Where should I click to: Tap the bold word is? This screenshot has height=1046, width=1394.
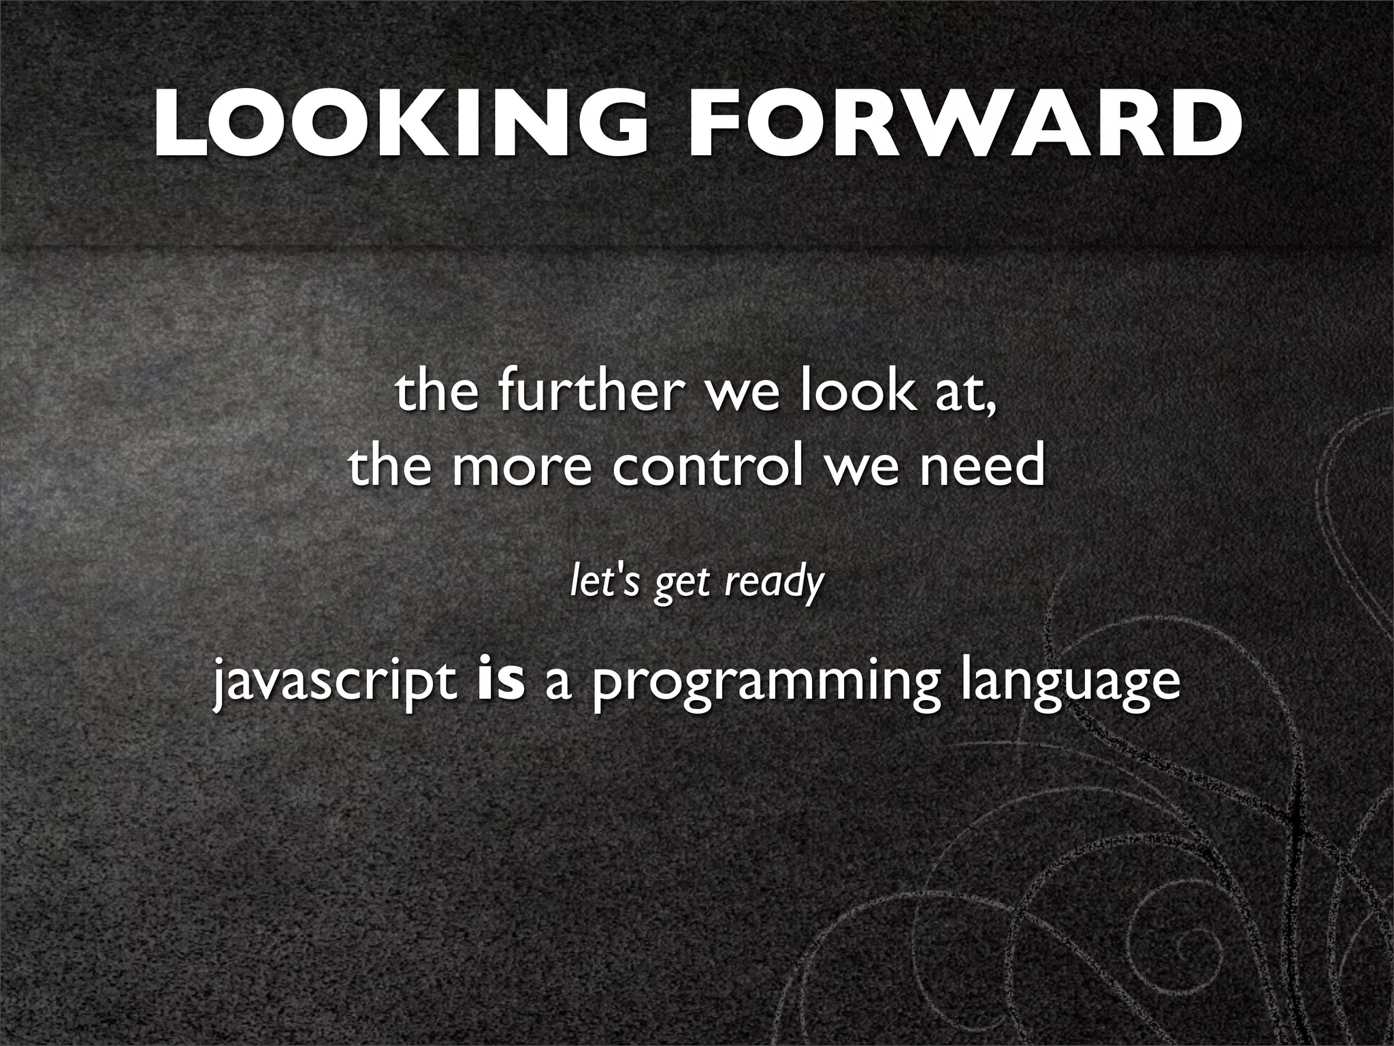(x=502, y=681)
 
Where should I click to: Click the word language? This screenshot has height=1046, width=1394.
(x=1071, y=684)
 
